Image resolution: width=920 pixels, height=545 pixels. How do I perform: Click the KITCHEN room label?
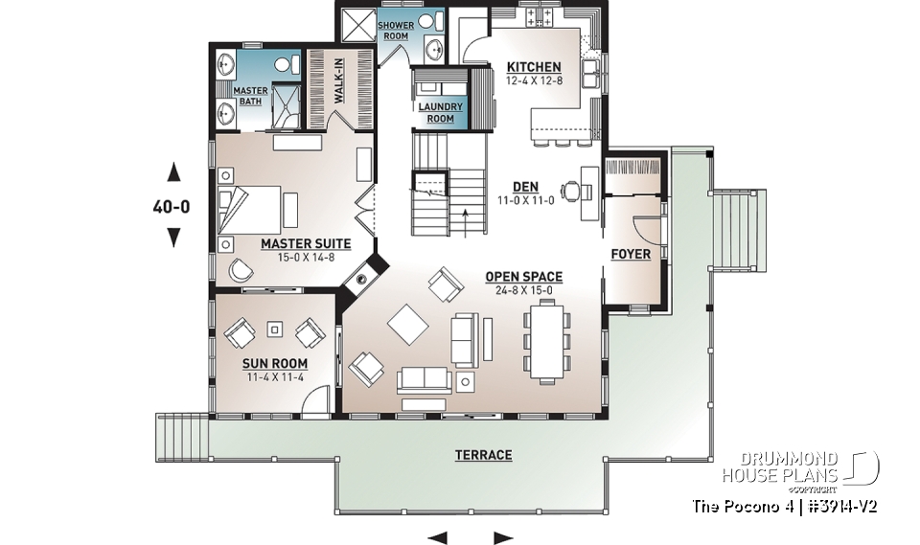point(534,67)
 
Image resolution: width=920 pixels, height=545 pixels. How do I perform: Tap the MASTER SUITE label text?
point(306,244)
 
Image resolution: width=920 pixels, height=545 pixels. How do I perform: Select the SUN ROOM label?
point(275,363)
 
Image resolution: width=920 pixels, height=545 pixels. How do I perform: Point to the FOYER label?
point(631,254)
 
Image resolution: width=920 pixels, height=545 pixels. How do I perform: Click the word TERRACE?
point(483,455)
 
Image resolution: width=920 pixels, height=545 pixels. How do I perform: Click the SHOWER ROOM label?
point(397,30)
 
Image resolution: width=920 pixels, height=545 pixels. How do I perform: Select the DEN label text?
point(524,187)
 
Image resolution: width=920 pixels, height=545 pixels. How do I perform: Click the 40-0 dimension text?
point(173,205)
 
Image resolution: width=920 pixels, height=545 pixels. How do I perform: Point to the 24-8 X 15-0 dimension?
point(523,290)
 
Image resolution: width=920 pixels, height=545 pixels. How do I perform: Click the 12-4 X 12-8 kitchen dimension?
point(534,80)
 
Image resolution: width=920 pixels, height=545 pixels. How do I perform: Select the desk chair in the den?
point(571,190)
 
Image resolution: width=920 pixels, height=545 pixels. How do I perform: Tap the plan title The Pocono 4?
point(742,506)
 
